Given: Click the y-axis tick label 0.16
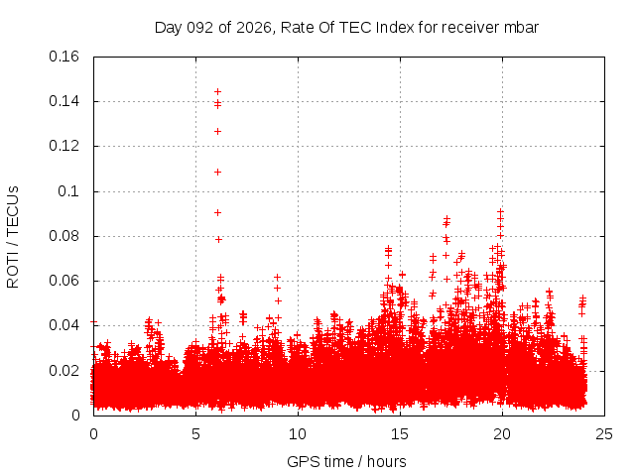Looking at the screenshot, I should click(65, 57).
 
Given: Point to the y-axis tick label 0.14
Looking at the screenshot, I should click(65, 101).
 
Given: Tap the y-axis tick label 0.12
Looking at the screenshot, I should click(65, 146).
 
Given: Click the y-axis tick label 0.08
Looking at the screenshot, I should click(65, 236).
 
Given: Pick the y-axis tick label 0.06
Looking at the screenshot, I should click(65, 281).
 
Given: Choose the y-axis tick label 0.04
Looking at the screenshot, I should click(65, 325).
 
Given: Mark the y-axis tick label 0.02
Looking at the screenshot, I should click(65, 371).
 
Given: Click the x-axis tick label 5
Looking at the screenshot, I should click(195, 434).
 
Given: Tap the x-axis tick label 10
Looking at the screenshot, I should click(298, 434).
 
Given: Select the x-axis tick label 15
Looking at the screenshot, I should click(400, 434).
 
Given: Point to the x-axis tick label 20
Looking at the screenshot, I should click(502, 434).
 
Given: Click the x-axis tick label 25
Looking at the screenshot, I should click(604, 434).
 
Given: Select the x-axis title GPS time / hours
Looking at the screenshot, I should click(346, 461).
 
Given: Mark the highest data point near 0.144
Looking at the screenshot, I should click(217, 91).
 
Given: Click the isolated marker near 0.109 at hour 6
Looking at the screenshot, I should click(217, 172).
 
